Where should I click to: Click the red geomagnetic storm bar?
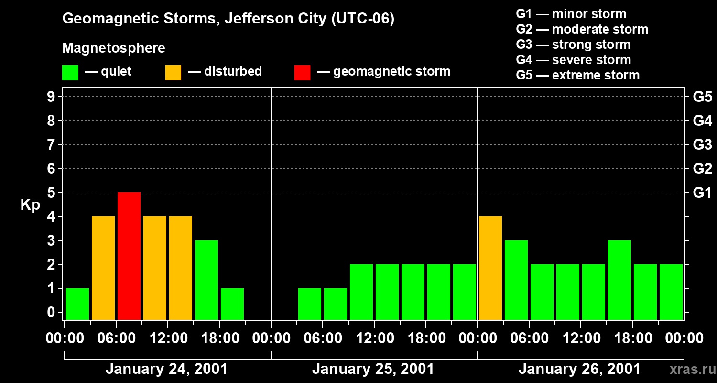[129, 256]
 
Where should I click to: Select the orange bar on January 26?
[490, 268]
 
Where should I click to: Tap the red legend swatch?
[302, 72]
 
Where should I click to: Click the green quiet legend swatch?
[70, 72]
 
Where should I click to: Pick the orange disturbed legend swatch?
[173, 72]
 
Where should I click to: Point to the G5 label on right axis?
[702, 97]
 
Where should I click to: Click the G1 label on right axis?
[702, 193]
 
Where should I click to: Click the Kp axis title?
[30, 205]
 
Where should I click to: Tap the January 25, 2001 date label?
[373, 369]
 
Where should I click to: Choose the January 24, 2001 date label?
[166, 369]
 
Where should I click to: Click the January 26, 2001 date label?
[579, 369]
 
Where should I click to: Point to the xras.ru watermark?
[691, 369]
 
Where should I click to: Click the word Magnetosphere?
[114, 48]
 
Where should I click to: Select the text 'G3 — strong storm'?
[573, 45]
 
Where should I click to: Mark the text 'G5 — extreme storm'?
[577, 75]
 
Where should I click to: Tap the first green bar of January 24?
[77, 304]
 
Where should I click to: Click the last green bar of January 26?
[671, 292]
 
